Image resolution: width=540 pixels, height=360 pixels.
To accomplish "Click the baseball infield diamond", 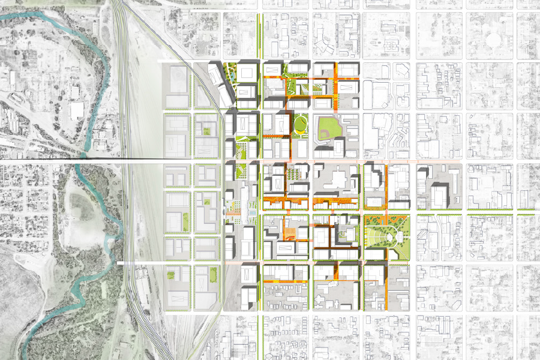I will (329, 127).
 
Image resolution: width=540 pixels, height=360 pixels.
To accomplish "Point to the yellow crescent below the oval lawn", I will (298, 131).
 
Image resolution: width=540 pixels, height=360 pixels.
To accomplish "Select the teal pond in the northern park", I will (230, 79).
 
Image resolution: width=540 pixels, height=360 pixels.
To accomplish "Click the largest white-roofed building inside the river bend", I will (77, 110).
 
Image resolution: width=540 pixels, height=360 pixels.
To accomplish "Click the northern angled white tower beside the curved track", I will (215, 75).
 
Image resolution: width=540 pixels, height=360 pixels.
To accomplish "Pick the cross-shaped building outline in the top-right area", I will (391, 45).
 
